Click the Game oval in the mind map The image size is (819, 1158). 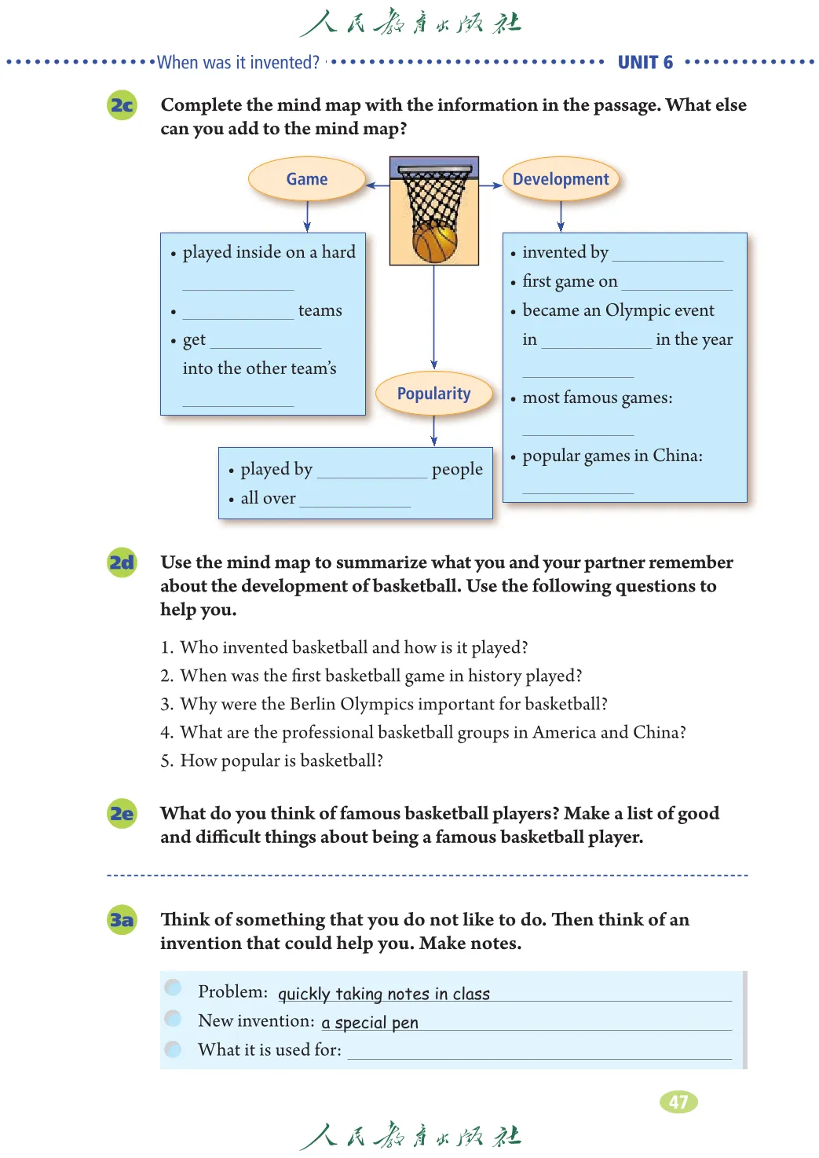coord(307,179)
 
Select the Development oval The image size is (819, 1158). coord(561,179)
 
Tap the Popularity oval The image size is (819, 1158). coord(433,394)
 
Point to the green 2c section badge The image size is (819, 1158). coord(122,105)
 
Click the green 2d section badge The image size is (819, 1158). coord(122,563)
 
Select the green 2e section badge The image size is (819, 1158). coord(122,813)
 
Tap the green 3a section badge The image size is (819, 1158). coord(122,919)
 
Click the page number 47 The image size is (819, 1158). coord(678,1101)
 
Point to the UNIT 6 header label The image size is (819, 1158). coord(645,63)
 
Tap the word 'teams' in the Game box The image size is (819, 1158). coord(320,310)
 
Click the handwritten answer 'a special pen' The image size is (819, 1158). coord(370,1022)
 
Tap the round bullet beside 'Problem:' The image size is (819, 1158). coord(174,988)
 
